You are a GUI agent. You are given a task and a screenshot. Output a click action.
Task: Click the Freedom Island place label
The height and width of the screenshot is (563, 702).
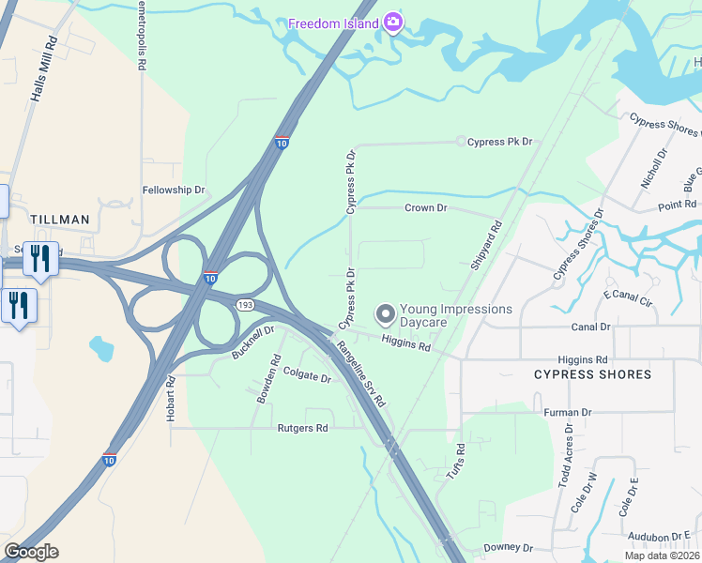tap(332, 23)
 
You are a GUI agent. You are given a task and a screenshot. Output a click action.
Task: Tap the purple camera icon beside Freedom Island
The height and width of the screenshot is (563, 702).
tap(393, 23)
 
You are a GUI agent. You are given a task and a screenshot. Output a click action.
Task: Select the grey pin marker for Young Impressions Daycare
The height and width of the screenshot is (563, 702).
tap(385, 312)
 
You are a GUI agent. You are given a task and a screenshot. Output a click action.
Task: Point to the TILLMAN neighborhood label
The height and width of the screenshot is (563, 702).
tap(60, 220)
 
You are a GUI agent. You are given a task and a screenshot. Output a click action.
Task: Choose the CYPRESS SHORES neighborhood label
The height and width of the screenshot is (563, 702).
tap(591, 374)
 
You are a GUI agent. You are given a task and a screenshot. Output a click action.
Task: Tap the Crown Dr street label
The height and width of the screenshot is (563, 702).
tap(425, 207)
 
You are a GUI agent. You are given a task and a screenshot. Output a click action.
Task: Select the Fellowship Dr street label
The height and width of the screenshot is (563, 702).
tap(173, 190)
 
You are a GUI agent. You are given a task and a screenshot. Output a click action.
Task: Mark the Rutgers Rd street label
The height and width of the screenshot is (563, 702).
tap(302, 428)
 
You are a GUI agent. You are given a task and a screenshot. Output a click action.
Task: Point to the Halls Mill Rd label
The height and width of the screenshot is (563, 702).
tap(43, 71)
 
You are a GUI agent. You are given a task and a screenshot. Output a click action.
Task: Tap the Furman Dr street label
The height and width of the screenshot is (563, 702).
tap(567, 412)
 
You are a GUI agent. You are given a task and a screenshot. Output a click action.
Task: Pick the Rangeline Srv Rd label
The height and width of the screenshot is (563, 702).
tap(361, 373)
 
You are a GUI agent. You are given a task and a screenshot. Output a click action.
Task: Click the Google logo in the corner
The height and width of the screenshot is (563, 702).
tap(31, 552)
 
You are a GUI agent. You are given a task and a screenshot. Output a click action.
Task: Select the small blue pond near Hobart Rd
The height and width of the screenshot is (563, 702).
tap(101, 349)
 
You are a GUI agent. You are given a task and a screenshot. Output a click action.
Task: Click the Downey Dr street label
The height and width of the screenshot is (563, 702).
tap(508, 547)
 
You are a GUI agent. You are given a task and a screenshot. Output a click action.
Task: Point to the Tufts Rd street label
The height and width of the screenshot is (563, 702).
tap(455, 463)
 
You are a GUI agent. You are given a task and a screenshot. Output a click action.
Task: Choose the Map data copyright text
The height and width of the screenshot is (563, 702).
tap(661, 555)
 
